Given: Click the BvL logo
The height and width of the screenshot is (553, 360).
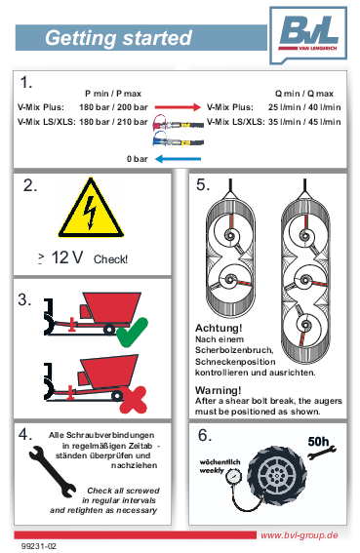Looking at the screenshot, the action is coord(308,34).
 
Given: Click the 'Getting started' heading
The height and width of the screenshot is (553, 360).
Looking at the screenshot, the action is coord(119,38).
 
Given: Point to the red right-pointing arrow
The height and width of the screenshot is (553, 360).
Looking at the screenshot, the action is coord(178,107).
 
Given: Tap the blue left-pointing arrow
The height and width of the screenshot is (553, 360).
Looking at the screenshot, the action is coord(178,159).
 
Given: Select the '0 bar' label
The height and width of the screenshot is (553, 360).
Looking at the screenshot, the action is coord(138,159).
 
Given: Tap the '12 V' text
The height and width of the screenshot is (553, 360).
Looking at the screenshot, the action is coord(67,257).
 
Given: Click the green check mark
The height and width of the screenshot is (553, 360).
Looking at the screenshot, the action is coord(132,333).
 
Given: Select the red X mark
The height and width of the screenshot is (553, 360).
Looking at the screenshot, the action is coord(133,400).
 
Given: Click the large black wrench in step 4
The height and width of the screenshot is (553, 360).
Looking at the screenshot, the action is coord(53,471).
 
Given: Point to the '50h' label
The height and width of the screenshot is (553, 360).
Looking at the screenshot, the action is coord(318,441).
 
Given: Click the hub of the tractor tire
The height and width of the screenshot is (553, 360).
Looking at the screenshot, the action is coord(276,474).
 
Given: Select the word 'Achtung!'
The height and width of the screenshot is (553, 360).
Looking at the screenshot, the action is coord(219,328).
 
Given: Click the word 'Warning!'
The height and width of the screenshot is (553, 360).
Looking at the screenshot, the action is coord(219,390).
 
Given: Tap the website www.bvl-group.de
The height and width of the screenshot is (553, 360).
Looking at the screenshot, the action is coord(300,535).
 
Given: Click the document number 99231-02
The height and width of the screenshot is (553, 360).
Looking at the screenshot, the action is coord(39,546).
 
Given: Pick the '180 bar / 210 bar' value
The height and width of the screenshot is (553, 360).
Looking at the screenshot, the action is coord(113,122).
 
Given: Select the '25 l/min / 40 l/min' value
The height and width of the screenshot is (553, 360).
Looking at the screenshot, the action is coord(304,107).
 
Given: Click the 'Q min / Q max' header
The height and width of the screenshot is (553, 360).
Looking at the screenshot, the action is coord(304,94).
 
